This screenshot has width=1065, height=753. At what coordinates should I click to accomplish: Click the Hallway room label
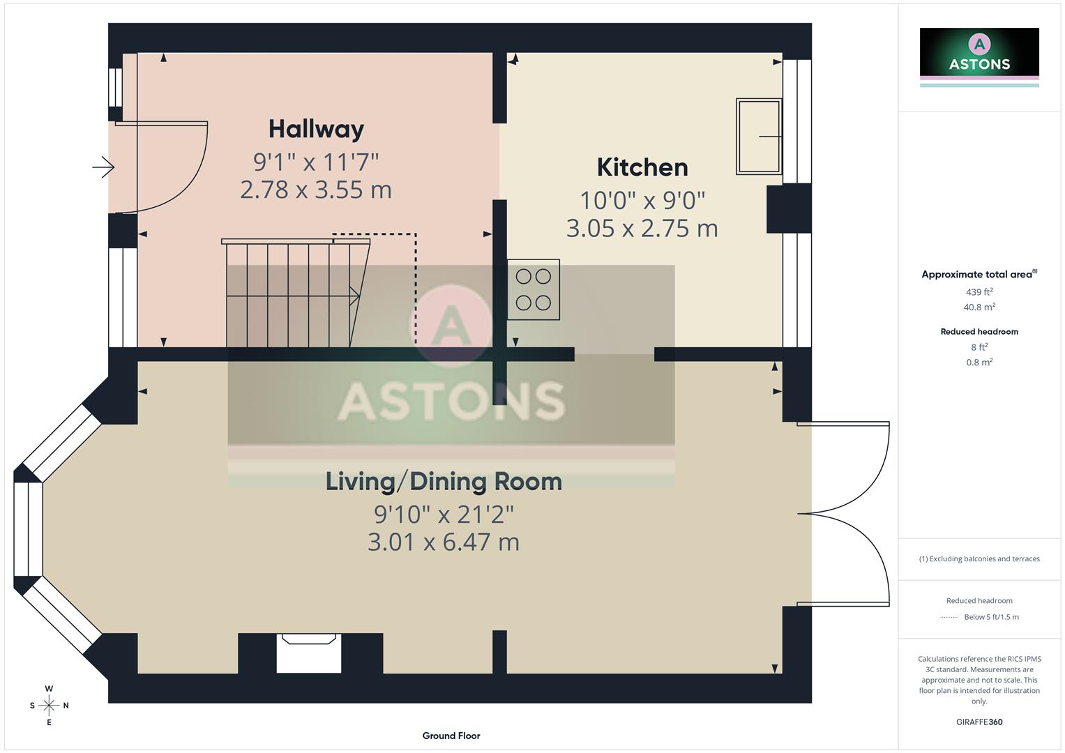pos(316,129)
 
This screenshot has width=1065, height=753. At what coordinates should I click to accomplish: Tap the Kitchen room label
pos(642,167)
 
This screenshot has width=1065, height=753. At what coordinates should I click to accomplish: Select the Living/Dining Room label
pos(444,482)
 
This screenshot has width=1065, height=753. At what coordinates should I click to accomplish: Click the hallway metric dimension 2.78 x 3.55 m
pos(316,190)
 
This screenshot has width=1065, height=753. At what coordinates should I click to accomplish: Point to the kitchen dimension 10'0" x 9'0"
pos(642,201)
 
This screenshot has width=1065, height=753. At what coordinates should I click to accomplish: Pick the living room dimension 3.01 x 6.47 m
pos(444,542)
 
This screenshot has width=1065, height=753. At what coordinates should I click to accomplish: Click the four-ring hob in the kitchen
pos(534,289)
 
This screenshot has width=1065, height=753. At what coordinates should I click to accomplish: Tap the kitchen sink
pos(759,137)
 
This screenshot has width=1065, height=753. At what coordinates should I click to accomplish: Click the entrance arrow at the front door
pos(103,167)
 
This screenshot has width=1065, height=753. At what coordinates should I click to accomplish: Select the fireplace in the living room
pos(309,653)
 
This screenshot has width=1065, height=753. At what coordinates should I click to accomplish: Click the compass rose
pos(49,706)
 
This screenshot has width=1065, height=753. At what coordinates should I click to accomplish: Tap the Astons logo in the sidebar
pos(979,53)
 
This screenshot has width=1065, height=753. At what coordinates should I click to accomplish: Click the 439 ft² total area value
pos(979,292)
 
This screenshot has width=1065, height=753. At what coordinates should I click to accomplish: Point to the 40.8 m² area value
pos(979,307)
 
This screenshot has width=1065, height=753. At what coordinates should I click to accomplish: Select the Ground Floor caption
pos(451,736)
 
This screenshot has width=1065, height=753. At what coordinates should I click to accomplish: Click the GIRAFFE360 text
pos(979,722)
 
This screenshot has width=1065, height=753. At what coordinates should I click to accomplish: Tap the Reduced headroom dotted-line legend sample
pos(949,617)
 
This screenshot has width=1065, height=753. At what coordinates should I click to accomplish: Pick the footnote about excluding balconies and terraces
pos(979,558)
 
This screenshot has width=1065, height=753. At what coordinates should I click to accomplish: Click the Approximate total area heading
pos(976,275)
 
